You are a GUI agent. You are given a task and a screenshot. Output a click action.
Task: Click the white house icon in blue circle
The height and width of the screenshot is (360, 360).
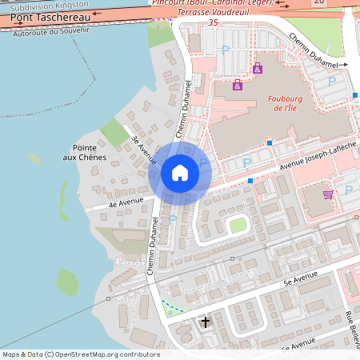[x=180, y=172]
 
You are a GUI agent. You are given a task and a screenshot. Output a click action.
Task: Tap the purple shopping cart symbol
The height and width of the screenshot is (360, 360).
[x=328, y=194]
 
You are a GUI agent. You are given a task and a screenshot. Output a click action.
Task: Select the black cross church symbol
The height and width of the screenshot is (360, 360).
[x=206, y=322]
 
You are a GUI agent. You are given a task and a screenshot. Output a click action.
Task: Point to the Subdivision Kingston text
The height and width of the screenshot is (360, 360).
[x=50, y=5]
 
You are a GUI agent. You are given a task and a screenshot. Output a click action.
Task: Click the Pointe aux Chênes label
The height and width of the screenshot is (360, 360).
[x=90, y=152]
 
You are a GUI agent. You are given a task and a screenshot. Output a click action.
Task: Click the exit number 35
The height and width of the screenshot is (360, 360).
[x=213, y=23]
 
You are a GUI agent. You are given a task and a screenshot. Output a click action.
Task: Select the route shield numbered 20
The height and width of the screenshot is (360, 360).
[x=319, y=2]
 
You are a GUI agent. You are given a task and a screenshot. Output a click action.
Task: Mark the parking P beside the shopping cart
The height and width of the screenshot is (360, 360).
[x=348, y=190]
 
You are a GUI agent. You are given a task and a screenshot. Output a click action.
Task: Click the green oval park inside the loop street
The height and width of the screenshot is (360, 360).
[x=238, y=225]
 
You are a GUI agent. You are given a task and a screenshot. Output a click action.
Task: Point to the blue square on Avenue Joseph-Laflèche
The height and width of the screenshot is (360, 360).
[x=250, y=182]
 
